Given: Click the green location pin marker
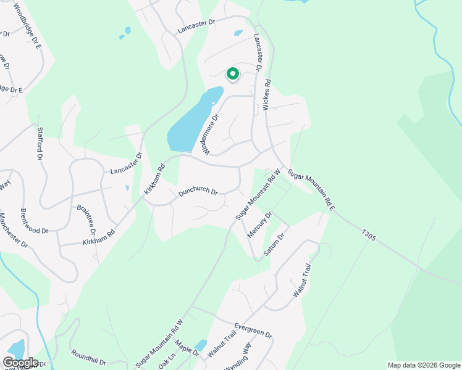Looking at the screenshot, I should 233,74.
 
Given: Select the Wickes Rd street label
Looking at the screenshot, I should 267,94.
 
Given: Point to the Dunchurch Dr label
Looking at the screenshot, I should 198,192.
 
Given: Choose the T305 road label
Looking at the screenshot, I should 369,234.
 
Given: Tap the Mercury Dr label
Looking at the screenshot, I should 259,225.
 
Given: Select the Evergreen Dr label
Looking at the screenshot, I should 253,329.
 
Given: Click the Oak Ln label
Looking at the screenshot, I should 167,361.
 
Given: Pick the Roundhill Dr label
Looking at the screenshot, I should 89,358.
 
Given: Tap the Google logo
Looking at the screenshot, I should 20,363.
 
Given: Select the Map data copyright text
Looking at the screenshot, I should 423,365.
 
